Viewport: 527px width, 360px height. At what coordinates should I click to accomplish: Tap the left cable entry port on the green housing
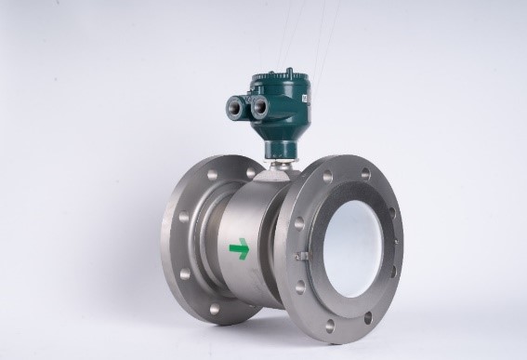(x=233, y=106)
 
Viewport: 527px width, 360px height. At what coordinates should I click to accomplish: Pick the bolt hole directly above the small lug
(x=297, y=222)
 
